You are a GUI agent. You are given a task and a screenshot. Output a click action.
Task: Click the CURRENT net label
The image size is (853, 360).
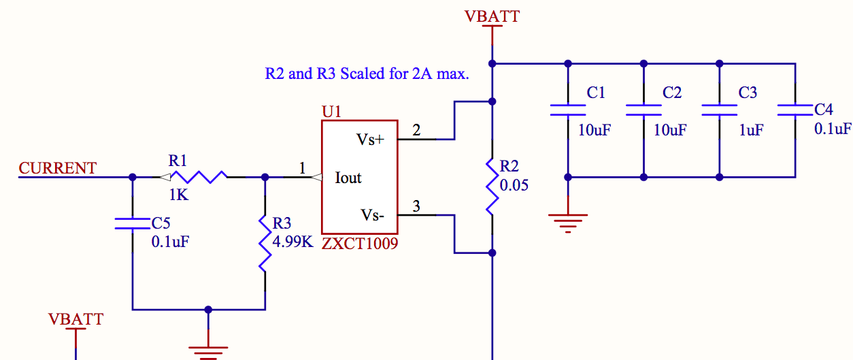58,168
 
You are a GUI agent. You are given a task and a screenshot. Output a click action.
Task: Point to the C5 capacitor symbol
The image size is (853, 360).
132,223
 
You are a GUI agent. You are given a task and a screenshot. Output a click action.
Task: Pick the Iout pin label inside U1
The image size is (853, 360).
348,178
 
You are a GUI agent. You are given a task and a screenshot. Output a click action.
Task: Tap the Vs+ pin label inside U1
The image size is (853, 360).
370,140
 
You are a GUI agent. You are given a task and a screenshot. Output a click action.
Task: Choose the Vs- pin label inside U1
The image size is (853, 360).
372,216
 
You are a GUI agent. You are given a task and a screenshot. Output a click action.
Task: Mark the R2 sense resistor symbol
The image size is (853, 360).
491,186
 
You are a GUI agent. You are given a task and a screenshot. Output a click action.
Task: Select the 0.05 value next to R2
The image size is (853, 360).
514,185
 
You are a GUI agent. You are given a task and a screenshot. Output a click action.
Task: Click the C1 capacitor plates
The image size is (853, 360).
567,110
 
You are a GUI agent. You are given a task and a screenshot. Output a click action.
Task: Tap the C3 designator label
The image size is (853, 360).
748,93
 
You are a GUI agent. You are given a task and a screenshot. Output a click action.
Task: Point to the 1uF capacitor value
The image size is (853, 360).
751,129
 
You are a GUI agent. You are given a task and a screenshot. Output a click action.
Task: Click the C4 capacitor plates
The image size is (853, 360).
795,110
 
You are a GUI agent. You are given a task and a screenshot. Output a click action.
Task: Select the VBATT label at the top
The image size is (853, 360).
492,16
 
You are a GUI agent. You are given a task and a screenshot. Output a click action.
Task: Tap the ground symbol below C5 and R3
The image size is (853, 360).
208,350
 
